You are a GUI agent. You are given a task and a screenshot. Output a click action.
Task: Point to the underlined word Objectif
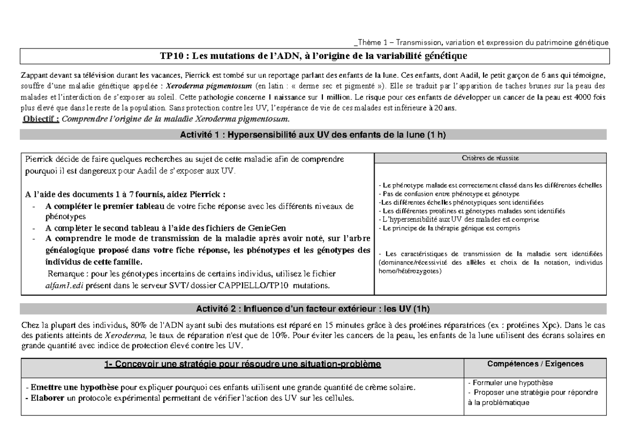click(42, 119)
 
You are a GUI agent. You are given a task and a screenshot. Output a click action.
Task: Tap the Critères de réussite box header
click(490, 158)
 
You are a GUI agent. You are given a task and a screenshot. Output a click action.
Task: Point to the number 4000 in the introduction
click(582, 99)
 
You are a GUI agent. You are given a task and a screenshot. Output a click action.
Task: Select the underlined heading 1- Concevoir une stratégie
click(243, 363)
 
